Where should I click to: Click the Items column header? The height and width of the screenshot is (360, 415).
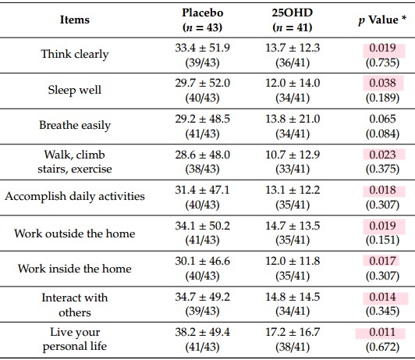pos(75,20)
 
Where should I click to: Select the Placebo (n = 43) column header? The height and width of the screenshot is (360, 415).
pos(203,20)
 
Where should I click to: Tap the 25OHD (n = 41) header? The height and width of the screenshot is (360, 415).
pos(293,20)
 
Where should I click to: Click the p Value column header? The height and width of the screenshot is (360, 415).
pos(382,20)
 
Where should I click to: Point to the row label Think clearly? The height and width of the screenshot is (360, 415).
pos(75,55)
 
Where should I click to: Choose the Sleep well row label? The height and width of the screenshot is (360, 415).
pos(75,90)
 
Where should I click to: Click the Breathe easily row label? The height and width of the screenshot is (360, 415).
pos(75,125)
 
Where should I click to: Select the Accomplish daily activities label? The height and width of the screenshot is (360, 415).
pos(75,197)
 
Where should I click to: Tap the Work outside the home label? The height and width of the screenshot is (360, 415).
pos(75,233)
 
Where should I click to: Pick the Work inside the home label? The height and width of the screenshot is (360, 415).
pos(75,269)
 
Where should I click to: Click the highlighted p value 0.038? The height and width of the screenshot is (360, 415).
pos(382,83)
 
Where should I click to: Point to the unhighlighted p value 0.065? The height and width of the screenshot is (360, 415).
pos(382,119)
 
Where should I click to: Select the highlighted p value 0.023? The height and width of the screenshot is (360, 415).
pos(382,155)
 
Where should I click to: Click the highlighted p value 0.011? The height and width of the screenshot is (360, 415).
pos(382,332)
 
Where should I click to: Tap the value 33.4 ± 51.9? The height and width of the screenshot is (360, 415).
pos(203,48)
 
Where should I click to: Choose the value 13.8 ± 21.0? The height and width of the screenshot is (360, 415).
pos(293,119)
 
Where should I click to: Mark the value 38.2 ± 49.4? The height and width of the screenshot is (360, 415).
pos(203,332)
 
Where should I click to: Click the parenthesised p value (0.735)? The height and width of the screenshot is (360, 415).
pos(382,62)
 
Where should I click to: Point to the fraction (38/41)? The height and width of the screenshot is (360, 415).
pos(293,347)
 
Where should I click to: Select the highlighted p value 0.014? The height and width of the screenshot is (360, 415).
pos(382,297)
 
